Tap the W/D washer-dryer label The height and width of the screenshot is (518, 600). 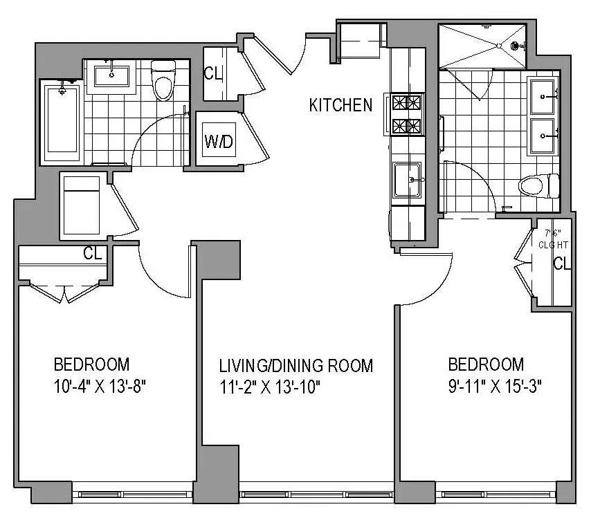pos(219,142)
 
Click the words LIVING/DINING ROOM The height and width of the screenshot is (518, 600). pos(296,365)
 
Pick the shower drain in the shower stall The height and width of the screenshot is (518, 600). pos(514,46)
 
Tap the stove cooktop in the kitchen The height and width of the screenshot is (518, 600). pos(407,115)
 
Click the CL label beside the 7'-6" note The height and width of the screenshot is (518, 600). pos(562,263)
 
